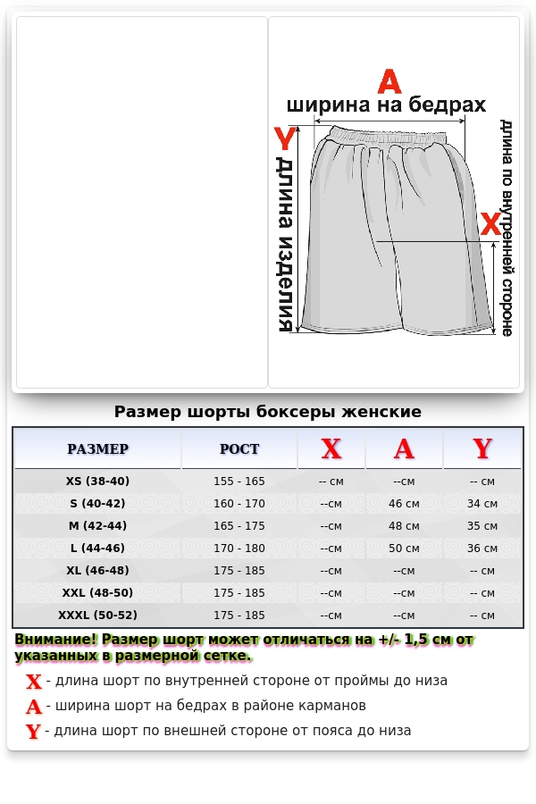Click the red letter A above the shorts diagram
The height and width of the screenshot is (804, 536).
click(x=389, y=81)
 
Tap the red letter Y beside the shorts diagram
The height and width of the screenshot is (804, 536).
click(x=284, y=139)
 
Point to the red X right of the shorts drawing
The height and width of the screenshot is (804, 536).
click(x=490, y=224)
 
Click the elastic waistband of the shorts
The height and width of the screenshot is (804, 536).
click(x=389, y=137)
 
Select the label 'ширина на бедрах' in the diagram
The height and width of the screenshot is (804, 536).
click(x=387, y=105)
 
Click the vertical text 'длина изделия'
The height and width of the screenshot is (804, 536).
click(x=285, y=245)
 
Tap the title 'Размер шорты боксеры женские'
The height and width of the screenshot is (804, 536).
click(x=268, y=412)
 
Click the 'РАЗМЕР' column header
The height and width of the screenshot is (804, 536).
click(x=97, y=449)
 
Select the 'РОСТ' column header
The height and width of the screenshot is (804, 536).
click(x=239, y=449)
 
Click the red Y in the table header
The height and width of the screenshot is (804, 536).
click(x=482, y=449)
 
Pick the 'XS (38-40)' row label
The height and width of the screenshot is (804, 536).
click(x=97, y=481)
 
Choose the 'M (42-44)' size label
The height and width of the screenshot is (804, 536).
click(x=97, y=525)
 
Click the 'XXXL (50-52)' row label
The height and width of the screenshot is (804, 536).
click(x=97, y=615)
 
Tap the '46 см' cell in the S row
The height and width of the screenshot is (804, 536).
click(x=404, y=504)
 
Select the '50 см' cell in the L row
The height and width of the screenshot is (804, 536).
click(x=404, y=549)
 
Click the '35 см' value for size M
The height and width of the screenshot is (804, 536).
click(x=482, y=526)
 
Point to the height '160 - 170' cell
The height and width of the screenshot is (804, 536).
click(x=239, y=504)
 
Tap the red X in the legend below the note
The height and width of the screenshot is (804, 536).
click(x=34, y=683)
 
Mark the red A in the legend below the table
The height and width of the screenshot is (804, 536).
click(x=34, y=708)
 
